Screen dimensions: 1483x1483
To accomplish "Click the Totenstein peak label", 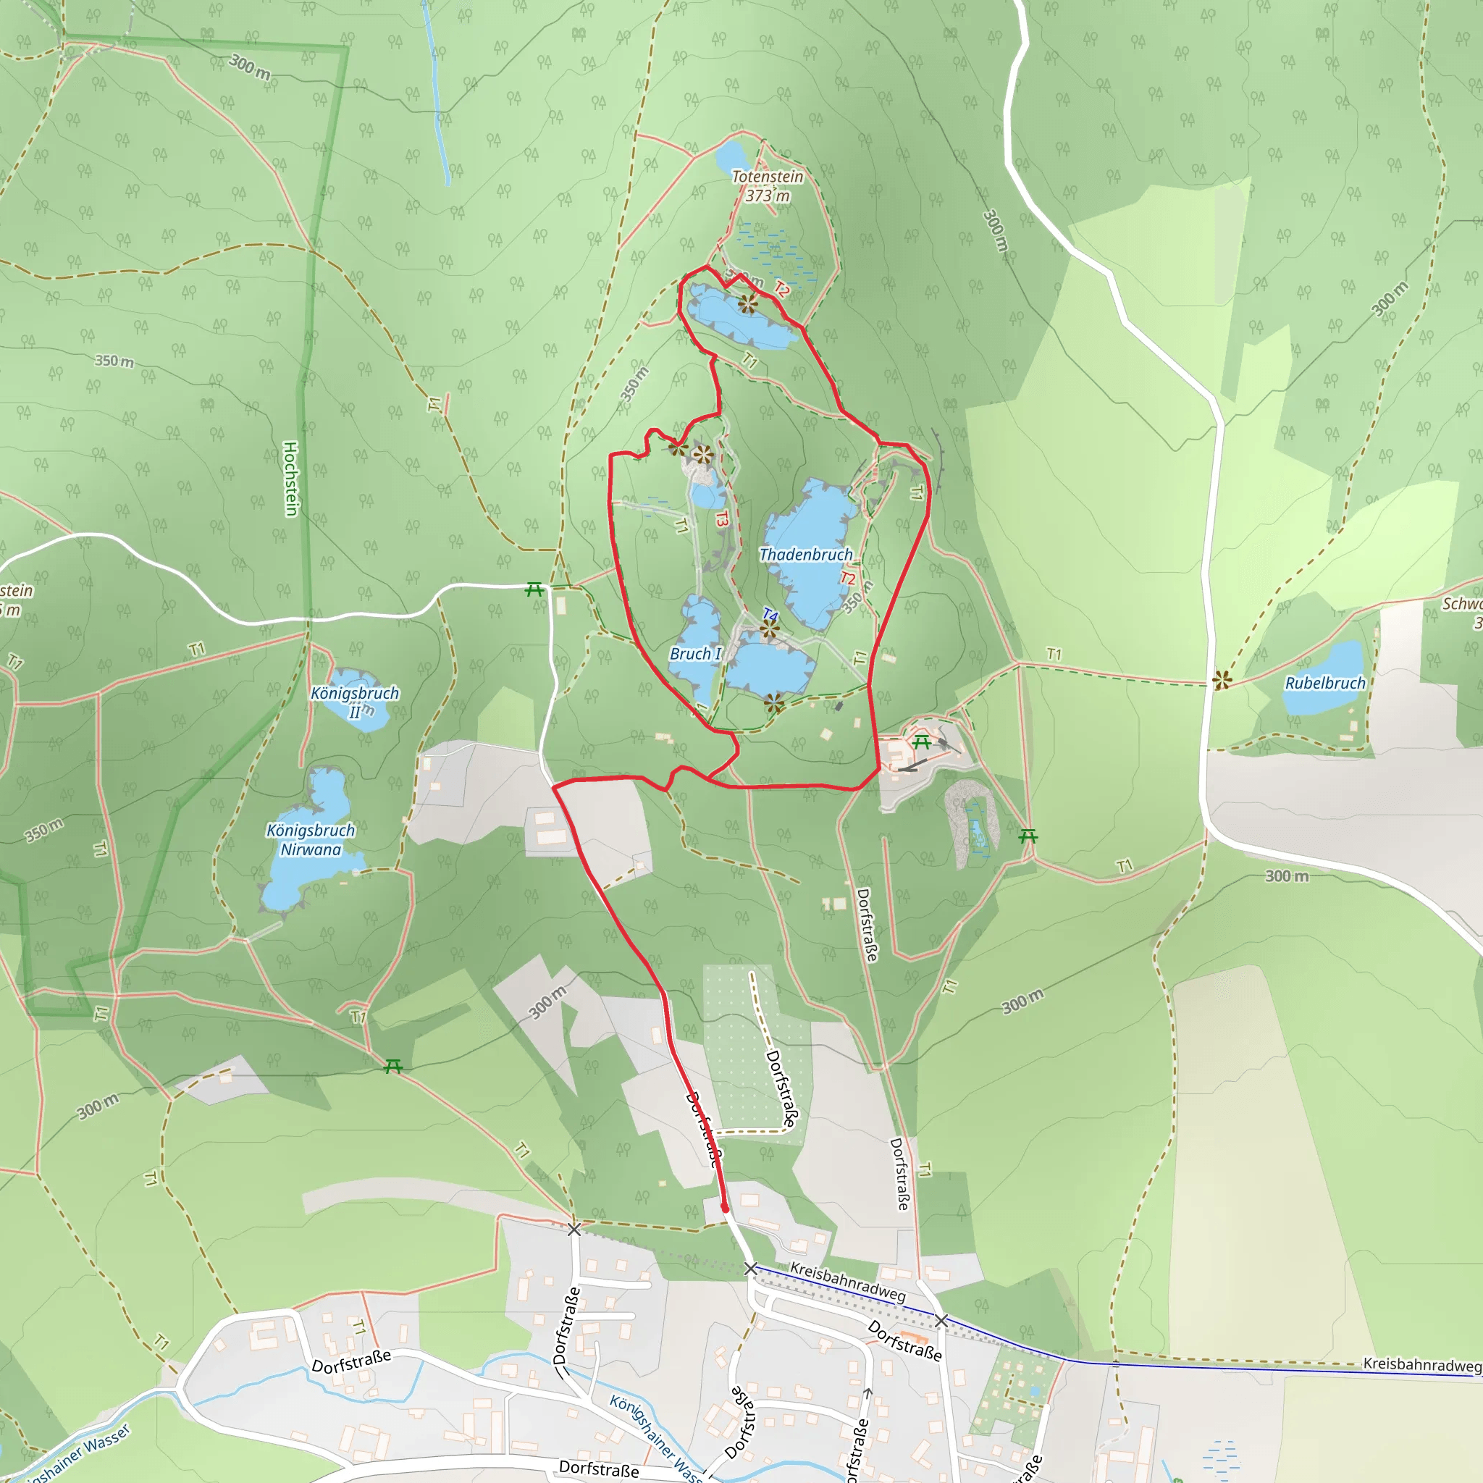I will point(767,177).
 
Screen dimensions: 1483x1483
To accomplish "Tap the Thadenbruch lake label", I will point(805,554).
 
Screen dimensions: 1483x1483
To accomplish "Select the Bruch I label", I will point(695,654).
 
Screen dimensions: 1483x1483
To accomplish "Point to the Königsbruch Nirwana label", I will point(311,840).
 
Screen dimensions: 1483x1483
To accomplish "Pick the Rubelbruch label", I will point(1326,683).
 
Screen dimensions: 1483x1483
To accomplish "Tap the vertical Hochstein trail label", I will point(291,478).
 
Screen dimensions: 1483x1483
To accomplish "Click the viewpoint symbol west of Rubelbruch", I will point(1222,680).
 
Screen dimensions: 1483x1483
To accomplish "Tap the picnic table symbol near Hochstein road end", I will point(534,589).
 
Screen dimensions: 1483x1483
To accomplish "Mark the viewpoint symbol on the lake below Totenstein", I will point(747,304).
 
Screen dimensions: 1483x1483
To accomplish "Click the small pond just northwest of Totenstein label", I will point(730,156).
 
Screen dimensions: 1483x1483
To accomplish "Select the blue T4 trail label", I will point(770,615).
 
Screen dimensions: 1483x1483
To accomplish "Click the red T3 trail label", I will point(721,519).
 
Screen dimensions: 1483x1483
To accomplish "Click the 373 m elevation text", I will point(768,196).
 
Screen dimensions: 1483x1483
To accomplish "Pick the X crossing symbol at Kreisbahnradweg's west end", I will point(751,1269).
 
